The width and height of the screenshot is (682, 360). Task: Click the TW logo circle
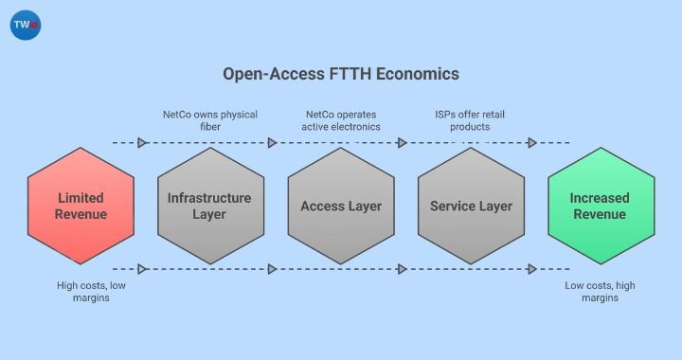[26, 26]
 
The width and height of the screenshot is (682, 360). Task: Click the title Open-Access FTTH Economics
[340, 73]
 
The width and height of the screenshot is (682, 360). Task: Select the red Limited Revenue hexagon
[81, 206]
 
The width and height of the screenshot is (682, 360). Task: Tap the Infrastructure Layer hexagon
[209, 206]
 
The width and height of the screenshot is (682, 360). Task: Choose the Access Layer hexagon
[340, 206]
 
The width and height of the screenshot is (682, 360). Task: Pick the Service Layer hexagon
[470, 206]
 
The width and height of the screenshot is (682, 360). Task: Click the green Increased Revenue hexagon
[600, 206]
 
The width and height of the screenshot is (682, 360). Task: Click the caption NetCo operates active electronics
[340, 119]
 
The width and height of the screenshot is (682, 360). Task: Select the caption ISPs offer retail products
[471, 119]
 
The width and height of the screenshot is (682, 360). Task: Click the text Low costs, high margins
[600, 291]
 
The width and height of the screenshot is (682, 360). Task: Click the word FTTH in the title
[352, 73]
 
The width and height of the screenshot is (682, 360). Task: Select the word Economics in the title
[417, 73]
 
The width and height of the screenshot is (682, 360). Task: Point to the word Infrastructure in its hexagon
[209, 198]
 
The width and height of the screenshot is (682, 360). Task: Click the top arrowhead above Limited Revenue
[142, 143]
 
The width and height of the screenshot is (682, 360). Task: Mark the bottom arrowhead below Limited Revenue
[142, 269]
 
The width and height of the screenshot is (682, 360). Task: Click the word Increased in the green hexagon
[600, 198]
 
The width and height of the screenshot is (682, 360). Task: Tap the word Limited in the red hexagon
[81, 198]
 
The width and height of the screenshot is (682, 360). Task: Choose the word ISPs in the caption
[443, 114]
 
